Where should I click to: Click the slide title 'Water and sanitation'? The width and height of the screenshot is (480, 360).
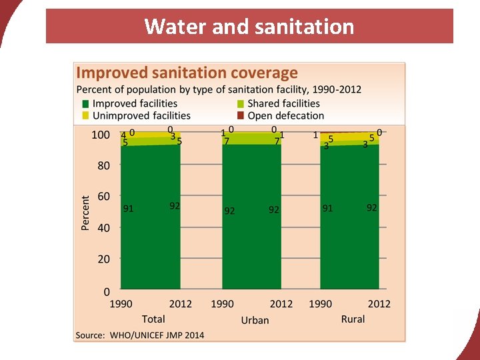(x=249, y=27)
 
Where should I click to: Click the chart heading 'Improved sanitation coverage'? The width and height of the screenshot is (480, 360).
(x=187, y=73)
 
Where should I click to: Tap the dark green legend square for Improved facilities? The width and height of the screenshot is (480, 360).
(x=85, y=103)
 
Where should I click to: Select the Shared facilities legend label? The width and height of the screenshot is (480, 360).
(x=283, y=103)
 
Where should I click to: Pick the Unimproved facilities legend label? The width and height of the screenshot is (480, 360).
(x=141, y=115)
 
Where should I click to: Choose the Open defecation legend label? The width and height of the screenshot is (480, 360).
(x=285, y=115)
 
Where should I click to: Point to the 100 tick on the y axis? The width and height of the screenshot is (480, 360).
(x=100, y=135)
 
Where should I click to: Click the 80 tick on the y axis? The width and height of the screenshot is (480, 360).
(x=103, y=166)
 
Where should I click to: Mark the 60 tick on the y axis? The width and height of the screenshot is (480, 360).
(x=103, y=197)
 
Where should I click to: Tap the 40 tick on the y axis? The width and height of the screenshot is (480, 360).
(x=103, y=228)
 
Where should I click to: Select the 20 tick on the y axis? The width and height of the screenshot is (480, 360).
(x=103, y=259)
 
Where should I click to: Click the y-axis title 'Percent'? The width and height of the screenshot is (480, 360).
(x=85, y=213)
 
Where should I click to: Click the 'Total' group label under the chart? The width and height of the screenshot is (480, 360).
(x=153, y=319)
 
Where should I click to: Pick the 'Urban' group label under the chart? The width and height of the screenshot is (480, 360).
(x=255, y=320)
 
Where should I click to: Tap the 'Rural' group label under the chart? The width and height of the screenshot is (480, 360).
(x=353, y=319)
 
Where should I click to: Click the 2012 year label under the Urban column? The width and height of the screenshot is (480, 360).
(x=281, y=304)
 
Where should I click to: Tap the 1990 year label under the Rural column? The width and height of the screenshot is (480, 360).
(x=321, y=304)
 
